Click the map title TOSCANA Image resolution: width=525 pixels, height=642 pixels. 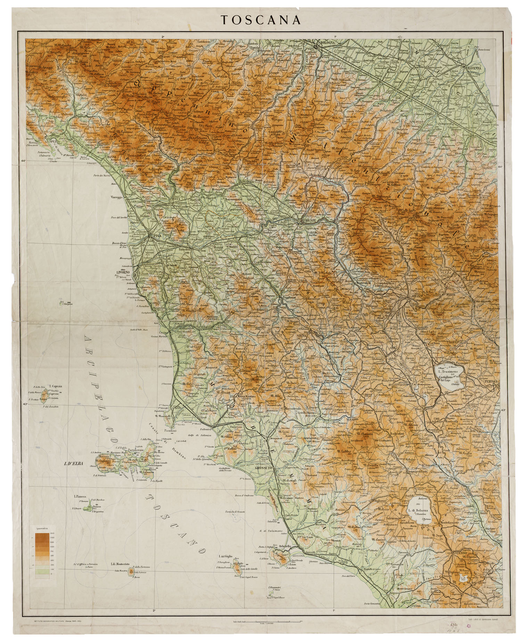tap(261, 20)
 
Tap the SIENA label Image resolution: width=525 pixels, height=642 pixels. tap(301, 336)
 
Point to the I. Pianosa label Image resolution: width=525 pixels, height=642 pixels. tap(80, 497)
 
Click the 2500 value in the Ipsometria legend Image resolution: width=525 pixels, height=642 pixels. tap(52, 533)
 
